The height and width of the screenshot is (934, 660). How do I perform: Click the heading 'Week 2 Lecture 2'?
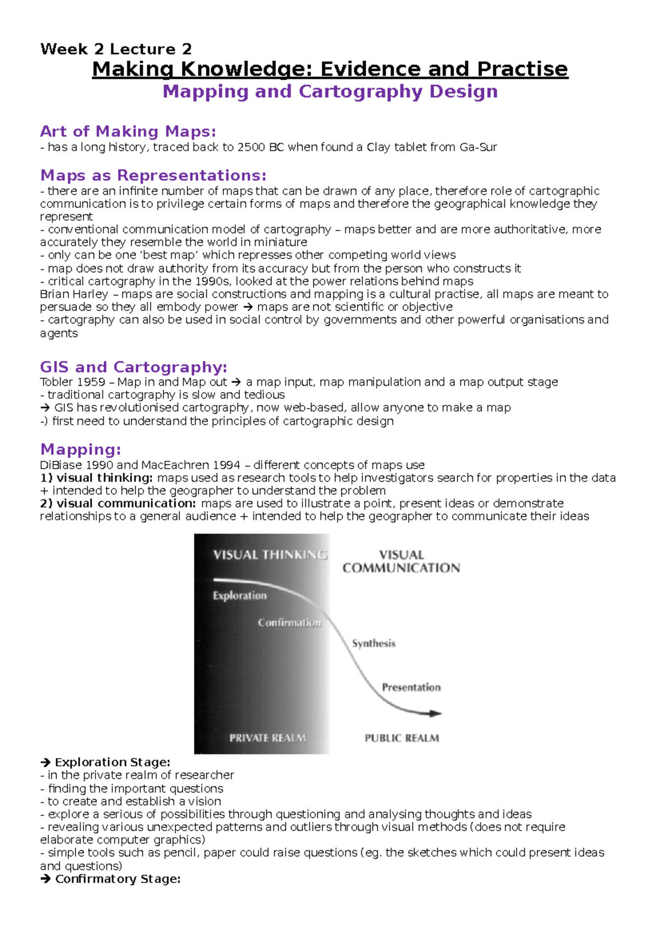coord(116,49)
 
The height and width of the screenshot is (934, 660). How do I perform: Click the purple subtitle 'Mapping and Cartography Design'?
coord(330,91)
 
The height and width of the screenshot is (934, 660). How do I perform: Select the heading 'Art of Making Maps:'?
coord(128,131)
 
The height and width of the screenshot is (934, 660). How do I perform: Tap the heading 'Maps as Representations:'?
coord(153,175)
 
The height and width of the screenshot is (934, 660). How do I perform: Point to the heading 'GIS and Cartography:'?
coord(133,367)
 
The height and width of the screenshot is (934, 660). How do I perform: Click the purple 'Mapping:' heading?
coord(80,449)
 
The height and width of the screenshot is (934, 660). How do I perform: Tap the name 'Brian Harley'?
coord(74,294)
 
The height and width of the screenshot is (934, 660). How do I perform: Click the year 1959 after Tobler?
coord(91,382)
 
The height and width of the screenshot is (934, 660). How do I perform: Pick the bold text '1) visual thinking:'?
coord(96,478)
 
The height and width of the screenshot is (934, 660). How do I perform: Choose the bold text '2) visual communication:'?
coord(118,504)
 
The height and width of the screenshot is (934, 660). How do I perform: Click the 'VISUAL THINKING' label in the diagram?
coord(269,555)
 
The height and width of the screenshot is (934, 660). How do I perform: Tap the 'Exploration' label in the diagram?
coord(240,596)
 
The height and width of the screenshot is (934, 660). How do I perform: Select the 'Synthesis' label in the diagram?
coord(373,644)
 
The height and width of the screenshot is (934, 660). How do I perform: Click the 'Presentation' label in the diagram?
coord(411,688)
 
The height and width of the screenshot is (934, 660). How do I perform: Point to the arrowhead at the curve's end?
coord(436,713)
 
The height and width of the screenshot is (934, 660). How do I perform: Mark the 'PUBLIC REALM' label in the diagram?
coord(402,739)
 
